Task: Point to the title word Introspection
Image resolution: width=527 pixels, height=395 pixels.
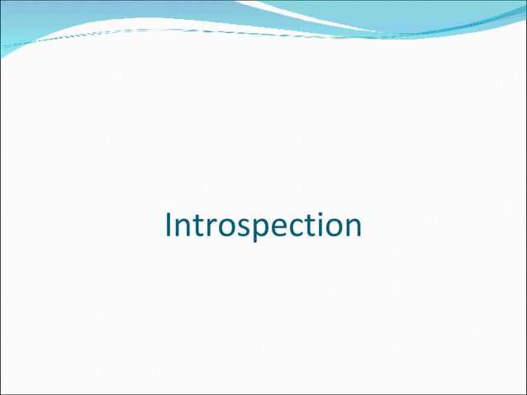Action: [263, 226]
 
